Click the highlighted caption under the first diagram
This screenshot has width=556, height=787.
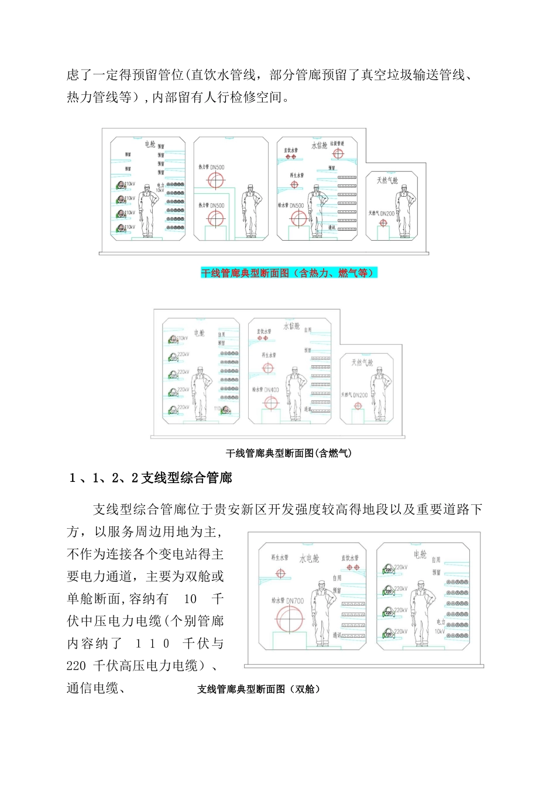(x=289, y=273)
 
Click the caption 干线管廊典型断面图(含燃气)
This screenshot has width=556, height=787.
(x=289, y=453)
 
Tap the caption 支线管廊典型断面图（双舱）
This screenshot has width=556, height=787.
(x=259, y=689)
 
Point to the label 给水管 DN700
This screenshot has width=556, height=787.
(x=287, y=601)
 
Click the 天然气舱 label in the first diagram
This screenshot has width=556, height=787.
(x=387, y=180)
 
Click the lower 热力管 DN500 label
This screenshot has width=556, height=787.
(x=211, y=206)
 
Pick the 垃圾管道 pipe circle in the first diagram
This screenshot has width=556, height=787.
(x=338, y=154)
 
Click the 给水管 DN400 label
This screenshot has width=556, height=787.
(x=266, y=389)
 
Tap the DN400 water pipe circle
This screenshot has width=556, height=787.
(x=270, y=403)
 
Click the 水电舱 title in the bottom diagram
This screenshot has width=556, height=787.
(x=310, y=558)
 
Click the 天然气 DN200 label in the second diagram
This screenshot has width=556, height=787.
(x=355, y=395)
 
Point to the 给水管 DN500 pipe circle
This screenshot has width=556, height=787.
(x=298, y=219)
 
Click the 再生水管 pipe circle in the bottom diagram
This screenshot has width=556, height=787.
(x=280, y=574)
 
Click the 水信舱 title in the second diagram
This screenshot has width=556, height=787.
(x=291, y=326)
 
